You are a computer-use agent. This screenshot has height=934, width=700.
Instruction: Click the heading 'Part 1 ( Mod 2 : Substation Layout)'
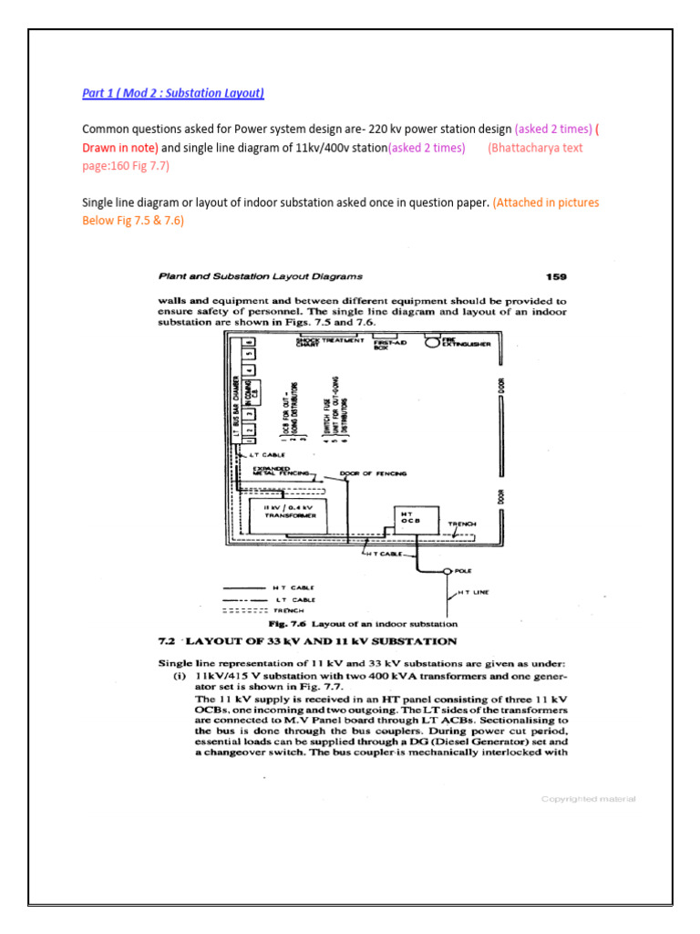point(173,94)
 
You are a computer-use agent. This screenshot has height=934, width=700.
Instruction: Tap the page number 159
point(555,276)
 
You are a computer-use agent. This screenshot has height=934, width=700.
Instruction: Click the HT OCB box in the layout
point(408,518)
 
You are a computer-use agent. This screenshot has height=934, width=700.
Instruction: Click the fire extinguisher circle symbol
point(425,347)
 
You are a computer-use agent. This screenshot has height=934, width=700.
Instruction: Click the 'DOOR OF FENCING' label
point(373,473)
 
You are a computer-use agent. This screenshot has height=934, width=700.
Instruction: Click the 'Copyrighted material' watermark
point(588,799)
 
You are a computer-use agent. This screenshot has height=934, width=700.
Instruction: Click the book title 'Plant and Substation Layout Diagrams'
point(261,276)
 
